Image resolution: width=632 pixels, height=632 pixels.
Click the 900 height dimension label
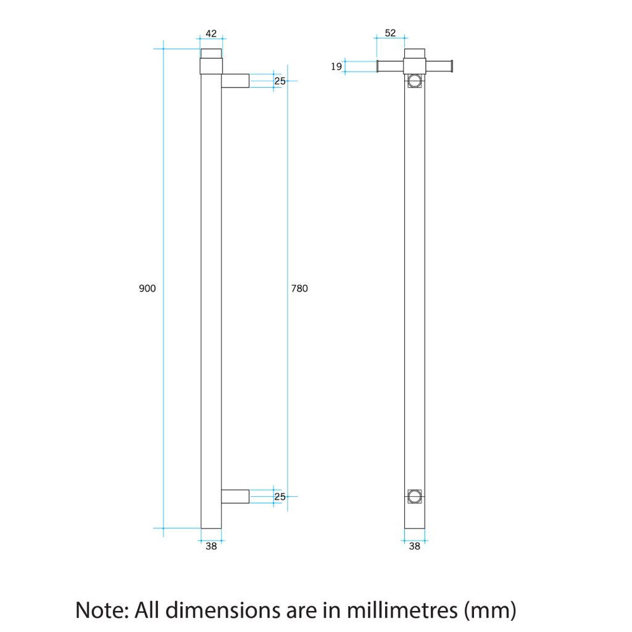click(147, 288)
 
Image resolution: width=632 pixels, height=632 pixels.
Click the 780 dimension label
click(299, 288)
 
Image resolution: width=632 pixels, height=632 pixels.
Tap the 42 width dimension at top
click(211, 33)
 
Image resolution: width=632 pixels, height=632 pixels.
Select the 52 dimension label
click(390, 33)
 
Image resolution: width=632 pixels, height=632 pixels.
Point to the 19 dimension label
click(336, 67)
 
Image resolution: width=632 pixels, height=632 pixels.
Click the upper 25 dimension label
click(280, 81)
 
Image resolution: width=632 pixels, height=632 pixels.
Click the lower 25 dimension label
click(280, 497)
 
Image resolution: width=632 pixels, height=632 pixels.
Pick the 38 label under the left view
click(211, 546)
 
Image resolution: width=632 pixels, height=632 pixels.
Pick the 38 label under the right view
click(414, 546)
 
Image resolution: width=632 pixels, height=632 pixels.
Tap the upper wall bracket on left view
click(235, 81)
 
